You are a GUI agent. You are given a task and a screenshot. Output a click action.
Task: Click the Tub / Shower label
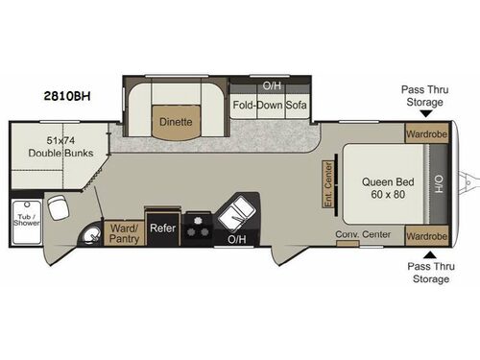point(21,218)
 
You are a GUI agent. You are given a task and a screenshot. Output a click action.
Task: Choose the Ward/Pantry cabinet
point(124,232)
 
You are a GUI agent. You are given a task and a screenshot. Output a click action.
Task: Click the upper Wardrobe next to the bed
point(426,133)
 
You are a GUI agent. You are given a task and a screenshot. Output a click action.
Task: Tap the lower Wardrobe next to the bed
point(426,235)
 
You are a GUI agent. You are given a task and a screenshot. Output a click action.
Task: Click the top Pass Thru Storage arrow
point(425,113)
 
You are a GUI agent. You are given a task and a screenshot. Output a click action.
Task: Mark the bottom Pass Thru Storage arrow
point(425,254)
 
